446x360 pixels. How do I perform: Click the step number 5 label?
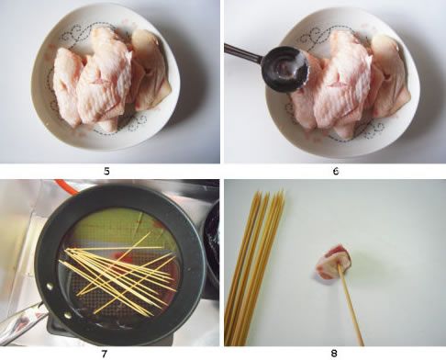tap(106, 172)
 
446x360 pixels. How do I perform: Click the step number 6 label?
tap(336, 172)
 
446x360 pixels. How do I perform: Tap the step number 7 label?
tap(105, 354)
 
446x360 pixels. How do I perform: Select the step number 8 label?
tap(334, 354)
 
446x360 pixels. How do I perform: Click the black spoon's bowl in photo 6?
tap(286, 69)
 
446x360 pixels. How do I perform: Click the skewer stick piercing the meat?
tap(351, 305)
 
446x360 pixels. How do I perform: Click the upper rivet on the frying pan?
tap(50, 287)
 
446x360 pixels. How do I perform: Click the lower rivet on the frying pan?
tap(68, 314)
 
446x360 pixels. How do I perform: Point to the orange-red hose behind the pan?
tap(68, 187)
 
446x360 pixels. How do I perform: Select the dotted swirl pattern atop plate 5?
tap(81, 34)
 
